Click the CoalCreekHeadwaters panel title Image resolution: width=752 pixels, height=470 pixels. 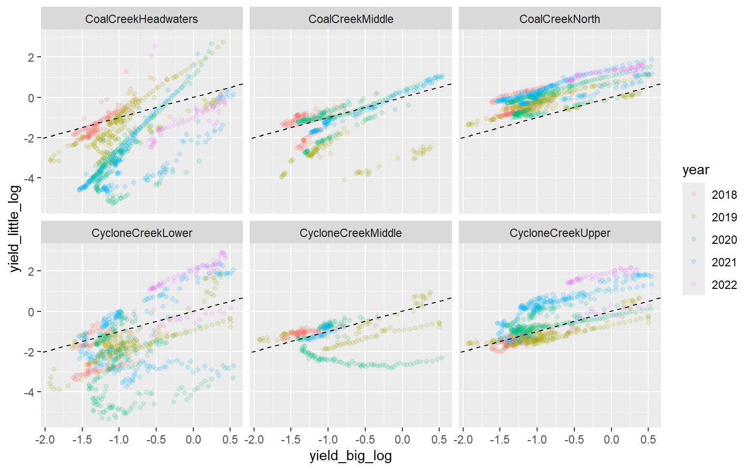pos(141,19)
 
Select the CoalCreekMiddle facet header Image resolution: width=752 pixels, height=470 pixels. pos(351,19)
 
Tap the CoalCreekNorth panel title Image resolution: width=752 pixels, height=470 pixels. pos(560,19)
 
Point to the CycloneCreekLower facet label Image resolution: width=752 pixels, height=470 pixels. pos(141,233)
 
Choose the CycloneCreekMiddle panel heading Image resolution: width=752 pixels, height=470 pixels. pos(351,233)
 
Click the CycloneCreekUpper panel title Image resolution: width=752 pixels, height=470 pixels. pos(560,233)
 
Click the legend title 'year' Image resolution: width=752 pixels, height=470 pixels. pos(696,170)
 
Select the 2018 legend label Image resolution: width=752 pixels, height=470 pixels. pos(724,195)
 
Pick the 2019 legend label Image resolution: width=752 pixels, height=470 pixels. pos(724,217)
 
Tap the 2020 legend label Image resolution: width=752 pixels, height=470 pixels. pos(724,240)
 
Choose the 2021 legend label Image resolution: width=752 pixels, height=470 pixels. pos(724,262)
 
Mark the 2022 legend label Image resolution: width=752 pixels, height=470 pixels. pos(724,285)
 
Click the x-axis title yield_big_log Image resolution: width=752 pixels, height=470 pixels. pos(351,456)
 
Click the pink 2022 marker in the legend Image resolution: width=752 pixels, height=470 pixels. pos(694,284)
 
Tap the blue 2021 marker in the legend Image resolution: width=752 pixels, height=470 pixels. pos(694,262)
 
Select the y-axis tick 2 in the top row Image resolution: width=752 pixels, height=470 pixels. pos(31,57)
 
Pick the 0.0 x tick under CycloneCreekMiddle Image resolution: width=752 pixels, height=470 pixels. pos(402,439)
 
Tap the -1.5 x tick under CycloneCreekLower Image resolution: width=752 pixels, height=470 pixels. pos(82,439)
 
